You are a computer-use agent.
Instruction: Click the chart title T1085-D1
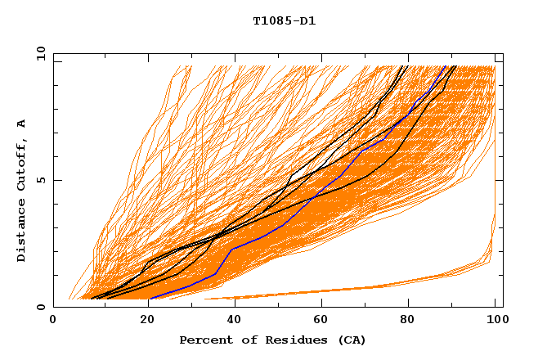tap(284, 20)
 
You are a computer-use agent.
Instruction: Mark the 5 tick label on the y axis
tap(40, 180)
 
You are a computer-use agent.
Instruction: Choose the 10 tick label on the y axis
tap(37, 53)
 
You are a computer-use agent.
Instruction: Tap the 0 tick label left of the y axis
tap(40, 307)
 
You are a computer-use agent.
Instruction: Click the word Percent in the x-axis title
tap(202, 340)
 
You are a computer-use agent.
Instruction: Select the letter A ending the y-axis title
tap(21, 123)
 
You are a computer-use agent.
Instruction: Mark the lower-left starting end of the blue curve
tap(150, 299)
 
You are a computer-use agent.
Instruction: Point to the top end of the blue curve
tap(446, 66)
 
